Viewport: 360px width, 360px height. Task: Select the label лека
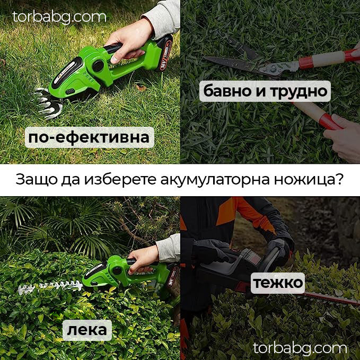coord(87,330)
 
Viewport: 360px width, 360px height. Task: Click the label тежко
coord(278,282)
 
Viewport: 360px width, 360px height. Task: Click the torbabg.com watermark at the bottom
coord(300,348)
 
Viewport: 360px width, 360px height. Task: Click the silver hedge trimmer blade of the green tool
coord(50,288)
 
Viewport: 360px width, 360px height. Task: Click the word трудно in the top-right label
coord(300,91)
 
